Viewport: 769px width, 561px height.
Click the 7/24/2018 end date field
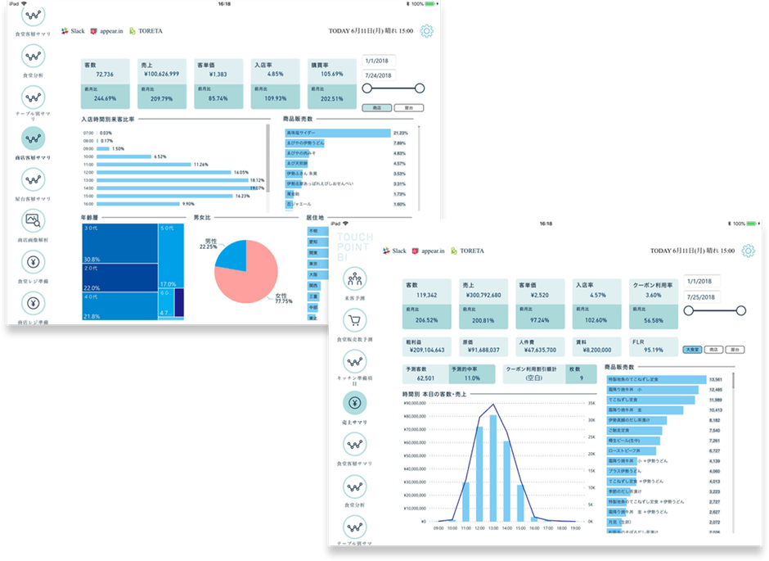(x=380, y=75)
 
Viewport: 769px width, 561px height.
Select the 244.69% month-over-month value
(x=105, y=98)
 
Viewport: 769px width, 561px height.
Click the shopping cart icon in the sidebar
(x=356, y=319)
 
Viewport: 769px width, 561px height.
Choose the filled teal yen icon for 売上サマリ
(x=356, y=402)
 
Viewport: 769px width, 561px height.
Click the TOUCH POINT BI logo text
(x=355, y=247)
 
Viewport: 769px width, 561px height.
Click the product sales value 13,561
(x=714, y=380)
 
